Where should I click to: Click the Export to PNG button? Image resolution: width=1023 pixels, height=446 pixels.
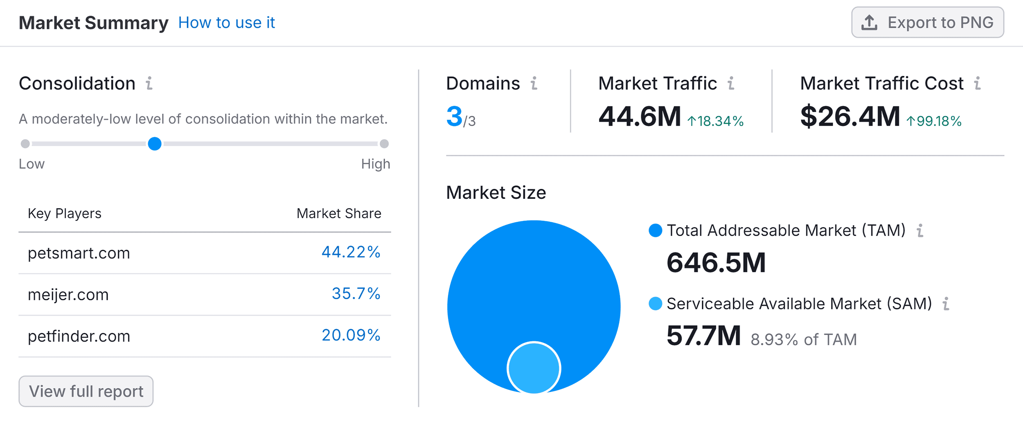click(927, 23)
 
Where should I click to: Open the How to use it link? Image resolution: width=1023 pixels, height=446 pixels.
click(226, 23)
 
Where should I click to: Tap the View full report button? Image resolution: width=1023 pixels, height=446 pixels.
click(86, 391)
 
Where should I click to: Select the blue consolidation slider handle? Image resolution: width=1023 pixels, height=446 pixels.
click(155, 144)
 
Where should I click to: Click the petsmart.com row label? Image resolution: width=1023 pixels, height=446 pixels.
click(79, 253)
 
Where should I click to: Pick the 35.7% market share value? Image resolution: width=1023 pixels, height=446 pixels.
click(356, 294)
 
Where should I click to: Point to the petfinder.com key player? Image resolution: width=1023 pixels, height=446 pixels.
click(79, 336)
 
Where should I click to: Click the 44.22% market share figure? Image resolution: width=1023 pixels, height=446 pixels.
click(351, 252)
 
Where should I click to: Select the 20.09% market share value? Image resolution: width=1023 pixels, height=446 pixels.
click(351, 335)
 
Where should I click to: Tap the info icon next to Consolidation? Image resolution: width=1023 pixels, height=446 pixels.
click(149, 83)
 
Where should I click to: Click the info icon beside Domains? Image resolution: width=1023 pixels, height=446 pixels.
click(534, 83)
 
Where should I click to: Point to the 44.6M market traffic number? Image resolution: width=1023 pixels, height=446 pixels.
click(640, 117)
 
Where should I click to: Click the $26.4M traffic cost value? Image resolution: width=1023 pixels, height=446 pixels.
click(850, 117)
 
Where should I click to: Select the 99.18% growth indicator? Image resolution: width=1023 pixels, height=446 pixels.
click(934, 121)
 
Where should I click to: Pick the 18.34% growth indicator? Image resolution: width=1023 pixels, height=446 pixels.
click(715, 121)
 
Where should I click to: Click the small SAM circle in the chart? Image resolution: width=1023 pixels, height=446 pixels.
click(534, 367)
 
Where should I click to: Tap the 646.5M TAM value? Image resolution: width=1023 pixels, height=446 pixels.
click(716, 263)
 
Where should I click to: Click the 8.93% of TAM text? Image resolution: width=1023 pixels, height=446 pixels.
click(803, 340)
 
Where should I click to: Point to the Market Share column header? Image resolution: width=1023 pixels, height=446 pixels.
click(339, 214)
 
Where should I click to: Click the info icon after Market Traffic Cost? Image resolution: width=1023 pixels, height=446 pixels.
click(978, 83)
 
